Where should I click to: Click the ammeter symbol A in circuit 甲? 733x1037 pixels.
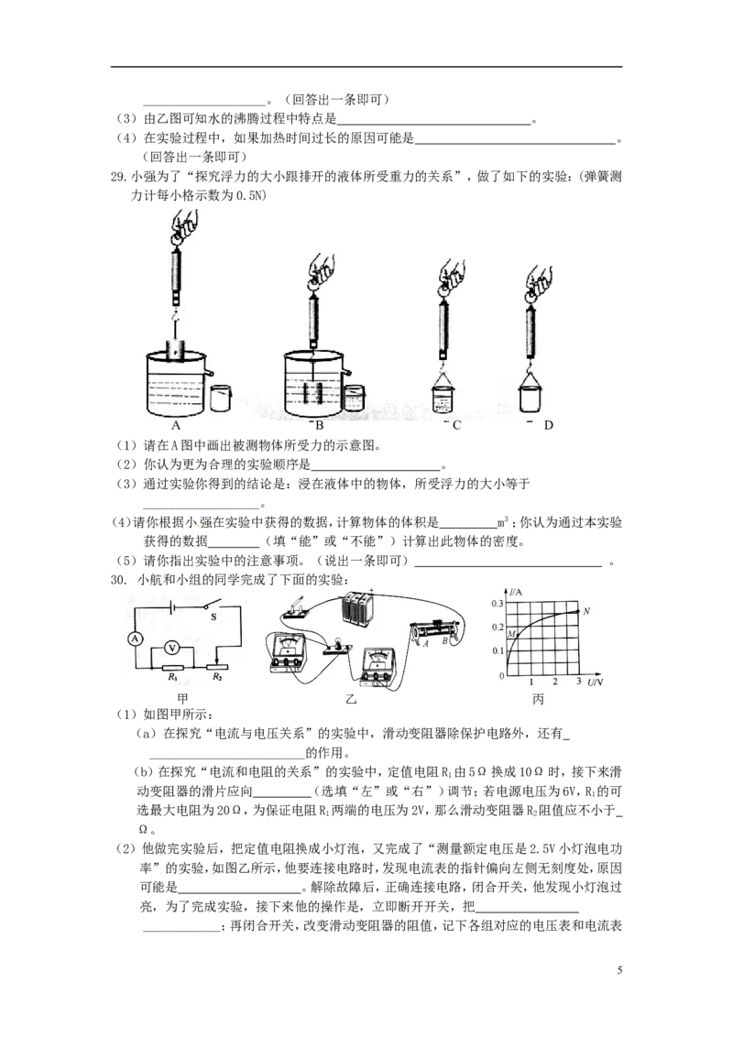click(x=135, y=639)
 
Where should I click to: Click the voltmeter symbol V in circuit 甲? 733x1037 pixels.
click(x=172, y=649)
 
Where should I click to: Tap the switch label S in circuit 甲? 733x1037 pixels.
click(x=213, y=617)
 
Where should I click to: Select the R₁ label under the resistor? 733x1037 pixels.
click(x=172, y=677)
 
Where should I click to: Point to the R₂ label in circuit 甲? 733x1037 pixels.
click(x=217, y=677)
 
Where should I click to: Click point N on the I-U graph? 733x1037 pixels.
click(x=586, y=611)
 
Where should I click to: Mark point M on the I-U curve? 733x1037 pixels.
click(x=511, y=634)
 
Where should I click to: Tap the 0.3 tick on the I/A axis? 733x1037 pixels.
click(x=498, y=603)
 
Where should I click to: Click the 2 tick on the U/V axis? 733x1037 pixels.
click(x=555, y=682)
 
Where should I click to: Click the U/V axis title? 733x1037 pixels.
click(x=595, y=682)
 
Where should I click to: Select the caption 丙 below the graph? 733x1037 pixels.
click(x=538, y=699)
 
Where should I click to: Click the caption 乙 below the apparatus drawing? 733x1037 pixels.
click(x=351, y=699)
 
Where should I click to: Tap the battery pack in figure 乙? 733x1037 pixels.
click(x=358, y=607)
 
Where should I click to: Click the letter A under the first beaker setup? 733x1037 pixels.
click(x=176, y=425)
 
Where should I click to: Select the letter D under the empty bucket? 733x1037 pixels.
click(x=549, y=425)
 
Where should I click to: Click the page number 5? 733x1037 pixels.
click(x=620, y=970)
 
